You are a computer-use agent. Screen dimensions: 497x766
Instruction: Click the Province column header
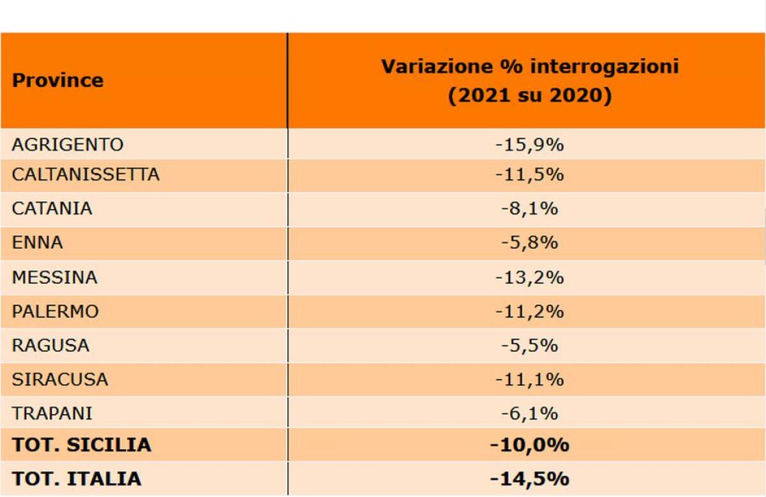point(57,80)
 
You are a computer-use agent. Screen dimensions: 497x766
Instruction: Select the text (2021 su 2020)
point(529,96)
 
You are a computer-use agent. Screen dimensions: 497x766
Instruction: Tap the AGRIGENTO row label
point(67,145)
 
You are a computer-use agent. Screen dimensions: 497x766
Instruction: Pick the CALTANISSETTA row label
point(86,174)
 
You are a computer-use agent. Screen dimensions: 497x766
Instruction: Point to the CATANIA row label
point(52,209)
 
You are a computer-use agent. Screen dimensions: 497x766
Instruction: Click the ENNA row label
point(38,243)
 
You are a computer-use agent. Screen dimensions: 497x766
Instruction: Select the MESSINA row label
point(54,278)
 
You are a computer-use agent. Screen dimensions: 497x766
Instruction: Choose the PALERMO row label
point(56,312)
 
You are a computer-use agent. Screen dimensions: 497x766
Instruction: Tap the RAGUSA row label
point(50,346)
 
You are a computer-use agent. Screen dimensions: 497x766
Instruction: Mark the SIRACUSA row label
point(60,380)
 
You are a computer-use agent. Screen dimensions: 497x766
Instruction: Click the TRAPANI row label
point(52,414)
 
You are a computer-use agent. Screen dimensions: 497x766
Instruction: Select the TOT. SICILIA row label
point(82,445)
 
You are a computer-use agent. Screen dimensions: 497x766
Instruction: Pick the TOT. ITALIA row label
point(77,479)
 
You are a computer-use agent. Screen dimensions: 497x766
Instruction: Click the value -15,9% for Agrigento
point(529,145)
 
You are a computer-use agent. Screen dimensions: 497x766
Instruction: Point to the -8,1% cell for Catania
point(529,209)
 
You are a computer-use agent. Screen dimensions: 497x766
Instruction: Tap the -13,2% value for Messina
point(529,278)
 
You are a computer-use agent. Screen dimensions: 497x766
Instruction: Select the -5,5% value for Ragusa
point(529,346)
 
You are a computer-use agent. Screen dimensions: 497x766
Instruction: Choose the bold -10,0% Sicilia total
point(529,445)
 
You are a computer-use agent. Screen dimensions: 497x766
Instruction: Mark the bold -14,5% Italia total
point(529,479)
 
